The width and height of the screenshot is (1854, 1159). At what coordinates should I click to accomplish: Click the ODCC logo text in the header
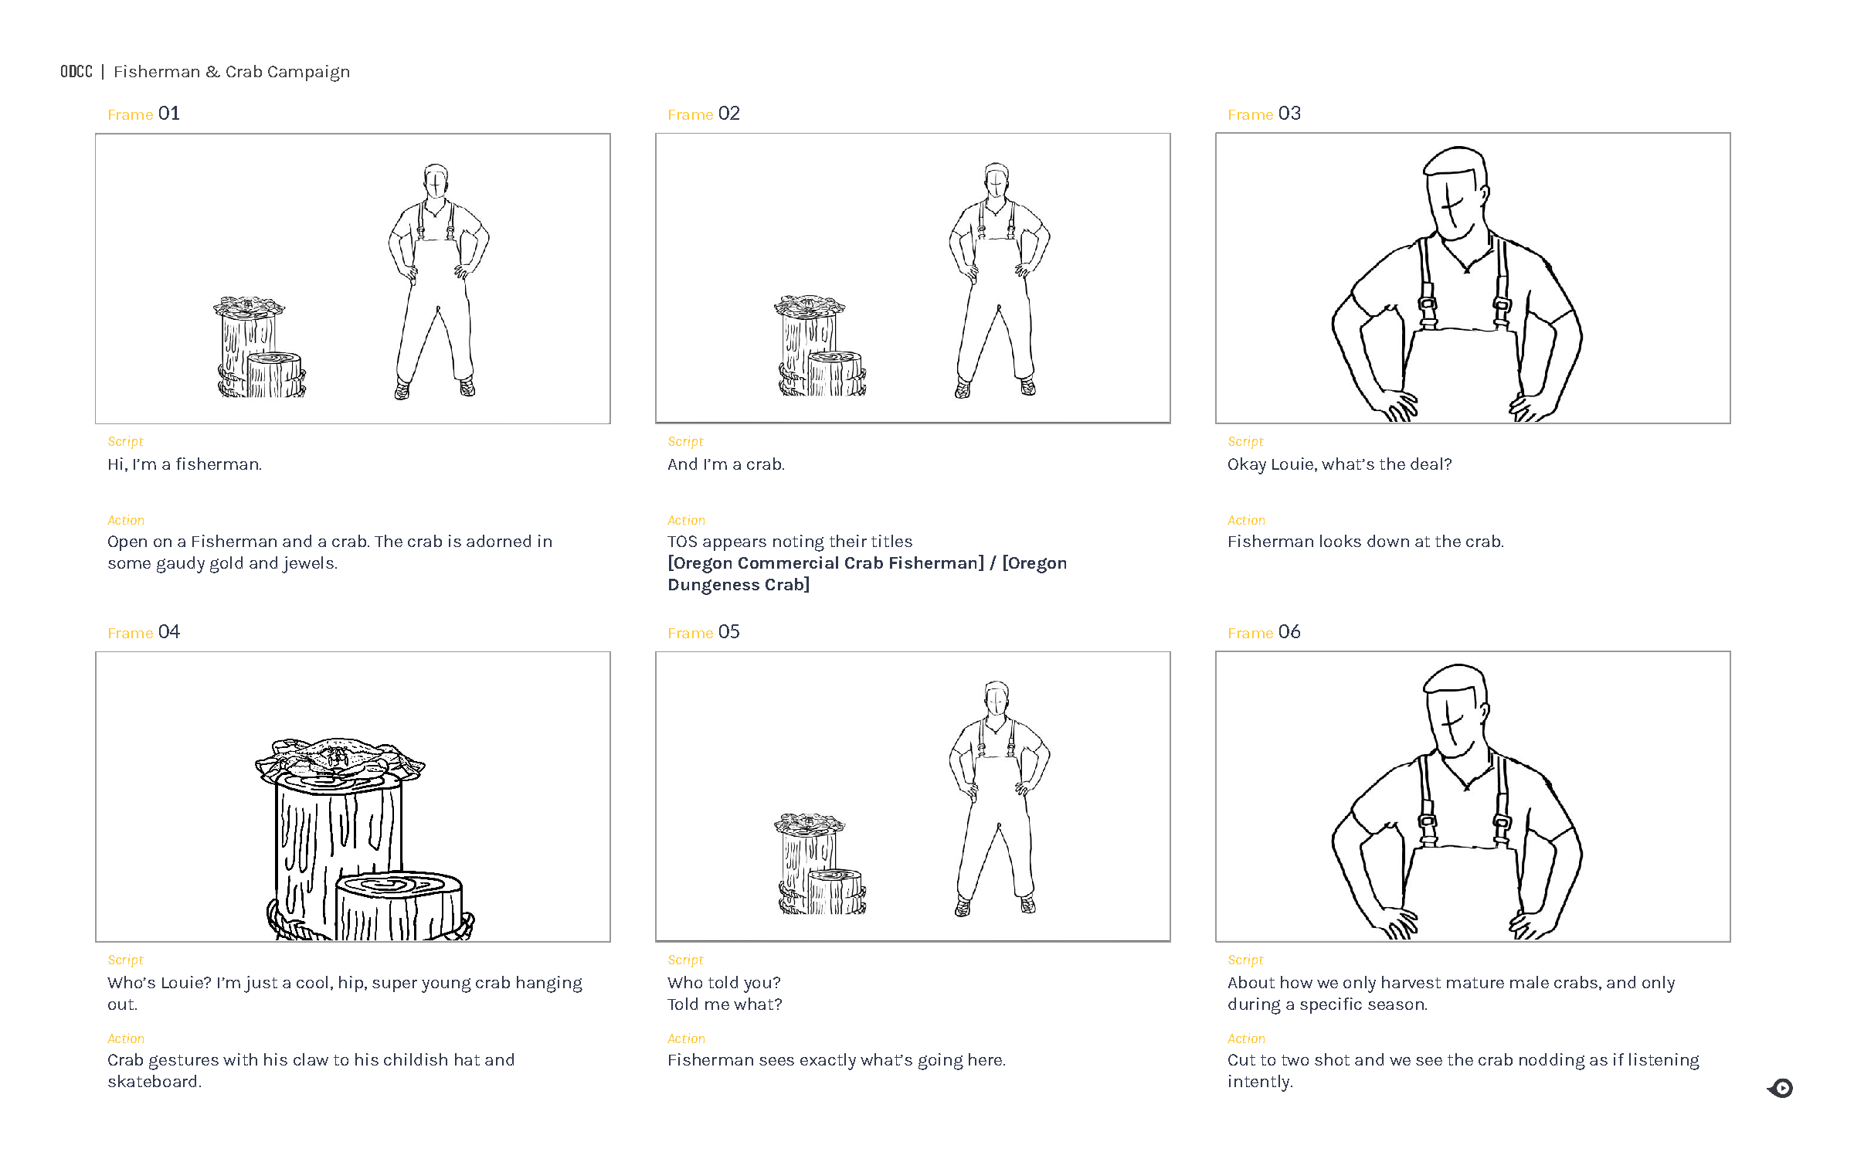[76, 72]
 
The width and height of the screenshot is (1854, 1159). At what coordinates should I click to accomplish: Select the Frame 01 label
[144, 114]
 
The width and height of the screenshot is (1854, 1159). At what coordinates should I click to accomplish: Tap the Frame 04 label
[144, 633]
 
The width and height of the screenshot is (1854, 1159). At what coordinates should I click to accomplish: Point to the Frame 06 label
[1264, 633]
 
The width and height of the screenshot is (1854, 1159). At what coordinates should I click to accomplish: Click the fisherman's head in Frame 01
[436, 182]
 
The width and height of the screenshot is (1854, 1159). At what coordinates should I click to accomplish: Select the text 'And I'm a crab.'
[725, 464]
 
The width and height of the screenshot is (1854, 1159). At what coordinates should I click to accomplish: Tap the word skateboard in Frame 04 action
[153, 1082]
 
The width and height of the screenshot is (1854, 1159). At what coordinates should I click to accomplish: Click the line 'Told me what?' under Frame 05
[724, 1004]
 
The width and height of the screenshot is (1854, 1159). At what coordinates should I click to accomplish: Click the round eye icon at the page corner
[1781, 1088]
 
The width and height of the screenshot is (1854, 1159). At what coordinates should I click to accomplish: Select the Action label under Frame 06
[1246, 1038]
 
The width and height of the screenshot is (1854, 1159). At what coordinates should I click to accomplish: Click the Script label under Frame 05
[685, 960]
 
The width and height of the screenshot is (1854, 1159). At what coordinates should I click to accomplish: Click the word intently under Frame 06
[1259, 1082]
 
